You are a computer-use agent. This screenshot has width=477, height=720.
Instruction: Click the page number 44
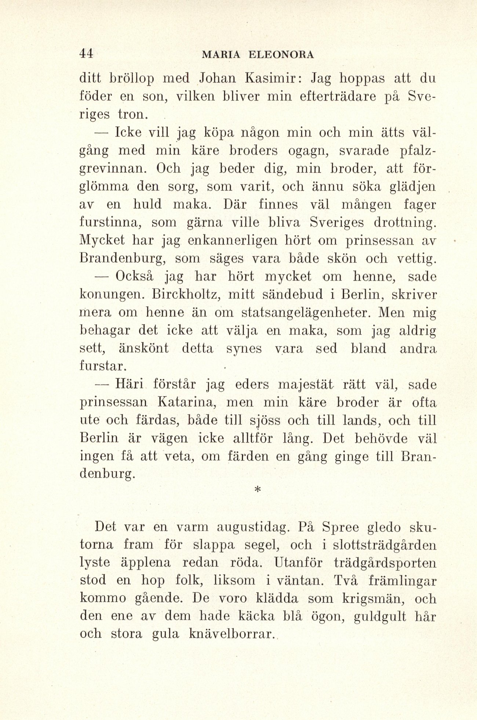click(87, 54)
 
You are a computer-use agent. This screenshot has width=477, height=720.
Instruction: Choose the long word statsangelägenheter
click(303, 313)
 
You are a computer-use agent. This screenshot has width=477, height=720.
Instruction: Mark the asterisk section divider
click(257, 490)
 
